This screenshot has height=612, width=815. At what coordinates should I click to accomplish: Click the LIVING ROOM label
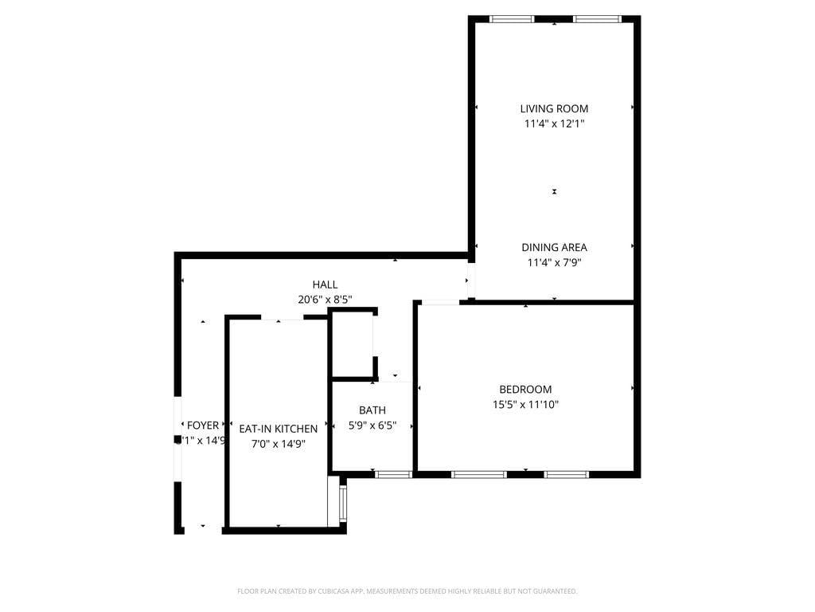554,108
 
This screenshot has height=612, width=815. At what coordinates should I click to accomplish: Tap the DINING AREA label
554,247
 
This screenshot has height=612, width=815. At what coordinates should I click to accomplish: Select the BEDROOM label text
525,390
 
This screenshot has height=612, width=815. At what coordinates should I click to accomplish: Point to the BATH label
372,410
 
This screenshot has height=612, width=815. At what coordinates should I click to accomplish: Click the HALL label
325,284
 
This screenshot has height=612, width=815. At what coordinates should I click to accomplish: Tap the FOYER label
202,426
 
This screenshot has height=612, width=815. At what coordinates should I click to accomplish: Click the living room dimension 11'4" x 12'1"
554,124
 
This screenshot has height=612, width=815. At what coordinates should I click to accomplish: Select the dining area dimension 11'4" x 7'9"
554,262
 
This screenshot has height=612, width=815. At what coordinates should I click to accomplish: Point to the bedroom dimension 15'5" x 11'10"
525,405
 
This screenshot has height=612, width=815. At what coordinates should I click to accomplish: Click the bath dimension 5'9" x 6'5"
372,426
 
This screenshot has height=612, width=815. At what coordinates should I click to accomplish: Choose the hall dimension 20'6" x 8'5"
325,300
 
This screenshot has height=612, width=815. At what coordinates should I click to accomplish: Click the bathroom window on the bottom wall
393,474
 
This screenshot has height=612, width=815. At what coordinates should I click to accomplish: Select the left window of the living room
512,19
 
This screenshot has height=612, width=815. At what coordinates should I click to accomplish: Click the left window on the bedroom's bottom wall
478,474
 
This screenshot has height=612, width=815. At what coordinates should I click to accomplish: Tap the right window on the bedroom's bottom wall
566,474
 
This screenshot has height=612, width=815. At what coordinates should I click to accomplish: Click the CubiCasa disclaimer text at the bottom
407,591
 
